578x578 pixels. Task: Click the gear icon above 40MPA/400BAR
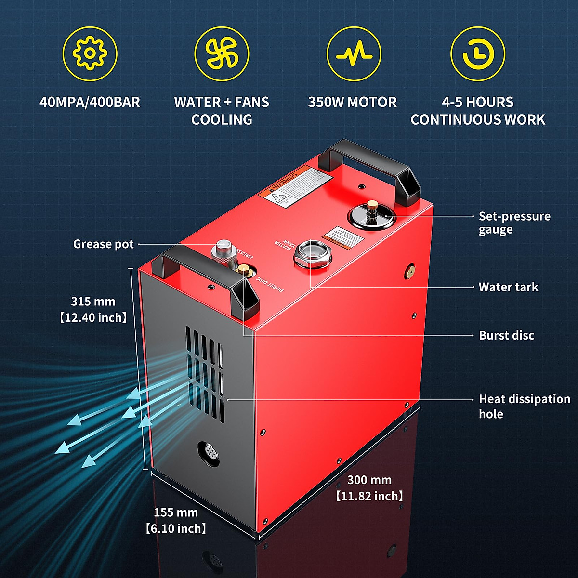[90, 53]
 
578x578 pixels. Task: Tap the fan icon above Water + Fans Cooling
[222, 53]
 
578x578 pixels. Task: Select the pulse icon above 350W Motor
[354, 53]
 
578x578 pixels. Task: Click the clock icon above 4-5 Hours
[477, 53]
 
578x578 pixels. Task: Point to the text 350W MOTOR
[352, 102]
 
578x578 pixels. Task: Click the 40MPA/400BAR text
[90, 102]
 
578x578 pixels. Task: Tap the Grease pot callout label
[103, 244]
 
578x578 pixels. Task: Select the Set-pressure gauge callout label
[514, 223]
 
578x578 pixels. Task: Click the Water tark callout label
[508, 287]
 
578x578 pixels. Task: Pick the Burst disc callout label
[506, 335]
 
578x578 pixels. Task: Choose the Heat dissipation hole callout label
[524, 406]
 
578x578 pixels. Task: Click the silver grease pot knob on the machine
[223, 250]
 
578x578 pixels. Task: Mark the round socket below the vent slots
[209, 453]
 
